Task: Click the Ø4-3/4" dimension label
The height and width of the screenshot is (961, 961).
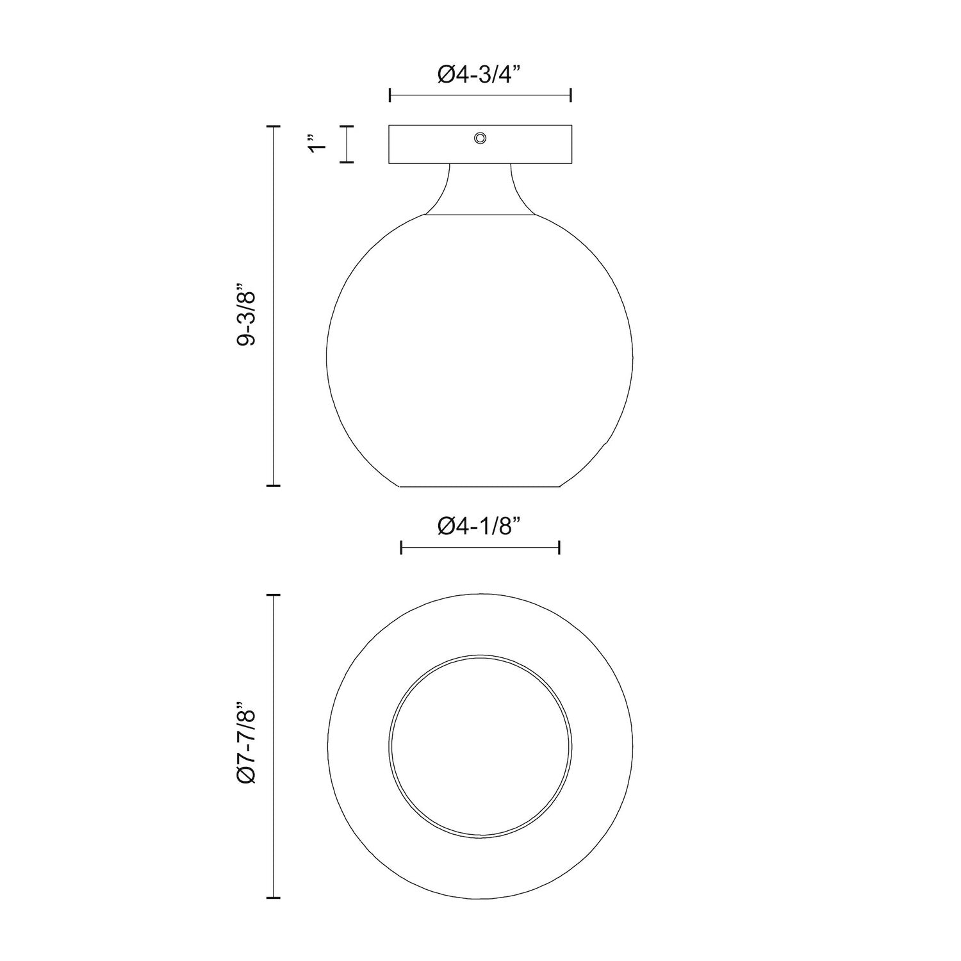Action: coord(480,75)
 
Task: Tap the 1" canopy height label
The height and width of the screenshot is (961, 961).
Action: coord(316,144)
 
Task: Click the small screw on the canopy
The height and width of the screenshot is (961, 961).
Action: coord(479,138)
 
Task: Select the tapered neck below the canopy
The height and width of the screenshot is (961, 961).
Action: coord(480,189)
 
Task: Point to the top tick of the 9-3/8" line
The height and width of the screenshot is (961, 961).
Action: coord(274,127)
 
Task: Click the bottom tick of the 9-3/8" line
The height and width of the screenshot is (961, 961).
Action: coord(274,486)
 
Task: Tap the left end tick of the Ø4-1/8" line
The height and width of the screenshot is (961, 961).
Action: coord(401,547)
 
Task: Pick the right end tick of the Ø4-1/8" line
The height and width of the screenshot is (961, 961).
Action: coord(560,547)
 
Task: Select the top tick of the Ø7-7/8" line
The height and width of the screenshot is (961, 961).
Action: coord(274,596)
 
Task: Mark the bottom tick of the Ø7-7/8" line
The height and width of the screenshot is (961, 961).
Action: coord(274,880)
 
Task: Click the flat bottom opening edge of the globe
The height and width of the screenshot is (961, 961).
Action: coord(480,487)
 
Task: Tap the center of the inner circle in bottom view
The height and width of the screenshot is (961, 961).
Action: coord(480,746)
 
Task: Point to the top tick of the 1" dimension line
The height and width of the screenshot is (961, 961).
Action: coord(347,127)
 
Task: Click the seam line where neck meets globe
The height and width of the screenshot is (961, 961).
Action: coord(480,215)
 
